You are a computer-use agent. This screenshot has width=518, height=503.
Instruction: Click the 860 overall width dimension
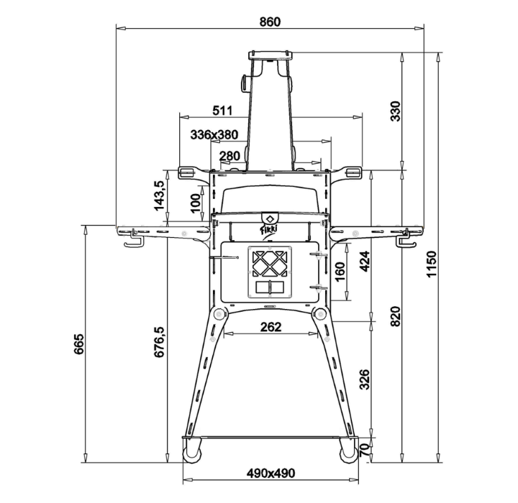pos(270,22)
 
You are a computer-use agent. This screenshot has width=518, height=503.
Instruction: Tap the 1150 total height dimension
pos(432,264)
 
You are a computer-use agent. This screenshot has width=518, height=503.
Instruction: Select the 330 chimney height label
pos(396,111)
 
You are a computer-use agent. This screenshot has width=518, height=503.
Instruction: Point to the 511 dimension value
pos(222,110)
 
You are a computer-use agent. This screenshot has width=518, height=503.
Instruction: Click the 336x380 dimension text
pos(214,134)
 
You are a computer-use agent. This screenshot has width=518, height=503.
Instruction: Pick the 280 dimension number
pos(230,155)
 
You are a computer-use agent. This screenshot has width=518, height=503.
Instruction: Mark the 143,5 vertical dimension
pos(159,195)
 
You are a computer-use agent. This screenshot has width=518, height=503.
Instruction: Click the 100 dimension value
pos(196,203)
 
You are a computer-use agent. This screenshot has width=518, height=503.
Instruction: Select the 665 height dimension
pos(78,344)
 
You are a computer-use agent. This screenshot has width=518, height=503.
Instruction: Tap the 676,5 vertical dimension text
pos(159,342)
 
